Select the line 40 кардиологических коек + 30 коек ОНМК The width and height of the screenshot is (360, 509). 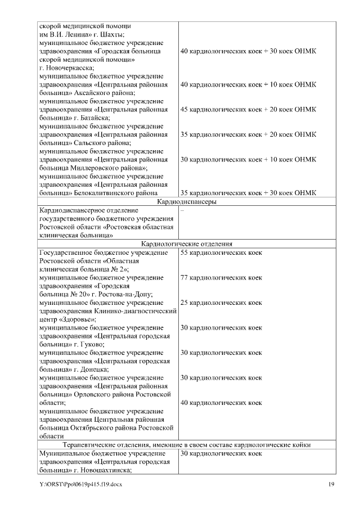point(247,51)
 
